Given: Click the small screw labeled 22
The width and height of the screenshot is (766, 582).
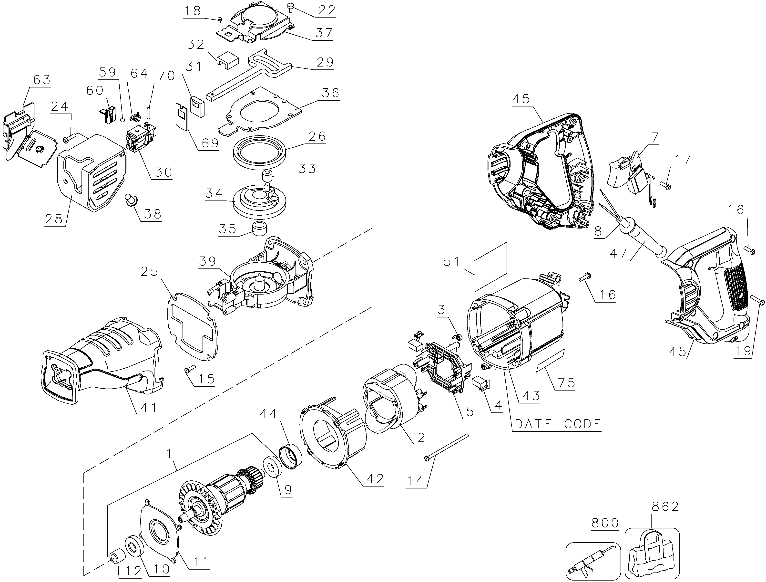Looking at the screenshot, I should pos(290,6).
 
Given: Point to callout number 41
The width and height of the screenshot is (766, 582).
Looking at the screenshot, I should pos(148,408).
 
